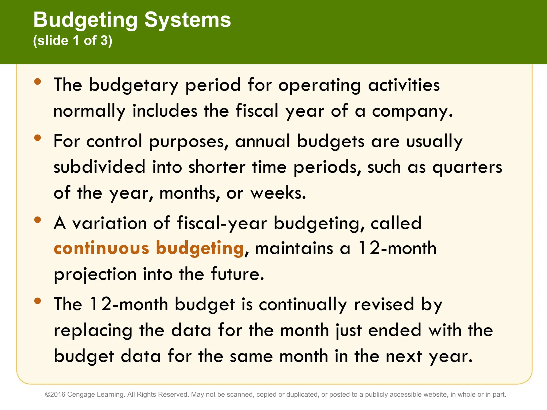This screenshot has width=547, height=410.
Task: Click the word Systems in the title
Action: (x=187, y=20)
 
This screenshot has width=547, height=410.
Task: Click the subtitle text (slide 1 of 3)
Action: (x=73, y=41)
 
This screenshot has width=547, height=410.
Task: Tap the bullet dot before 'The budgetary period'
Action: (x=38, y=81)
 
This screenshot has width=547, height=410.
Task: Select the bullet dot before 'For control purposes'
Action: (x=38, y=138)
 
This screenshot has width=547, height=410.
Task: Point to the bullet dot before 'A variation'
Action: (x=38, y=220)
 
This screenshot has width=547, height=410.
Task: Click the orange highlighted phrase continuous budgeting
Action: (x=149, y=248)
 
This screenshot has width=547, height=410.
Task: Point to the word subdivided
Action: (x=99, y=167)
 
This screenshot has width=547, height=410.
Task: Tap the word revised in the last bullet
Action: (x=384, y=304)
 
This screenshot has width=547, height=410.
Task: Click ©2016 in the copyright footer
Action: (x=55, y=395)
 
